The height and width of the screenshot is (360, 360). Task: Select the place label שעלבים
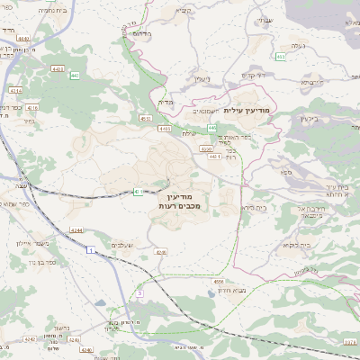pos(122,246)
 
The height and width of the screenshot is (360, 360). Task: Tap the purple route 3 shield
pos(140,293)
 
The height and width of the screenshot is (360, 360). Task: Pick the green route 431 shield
pos(138,191)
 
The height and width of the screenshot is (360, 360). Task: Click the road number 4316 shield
pos(32,106)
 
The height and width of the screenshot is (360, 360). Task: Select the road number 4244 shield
pos(76,230)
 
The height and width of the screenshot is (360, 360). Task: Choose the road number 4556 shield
pos(219,281)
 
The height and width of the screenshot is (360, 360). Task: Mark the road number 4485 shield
pos(166,129)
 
